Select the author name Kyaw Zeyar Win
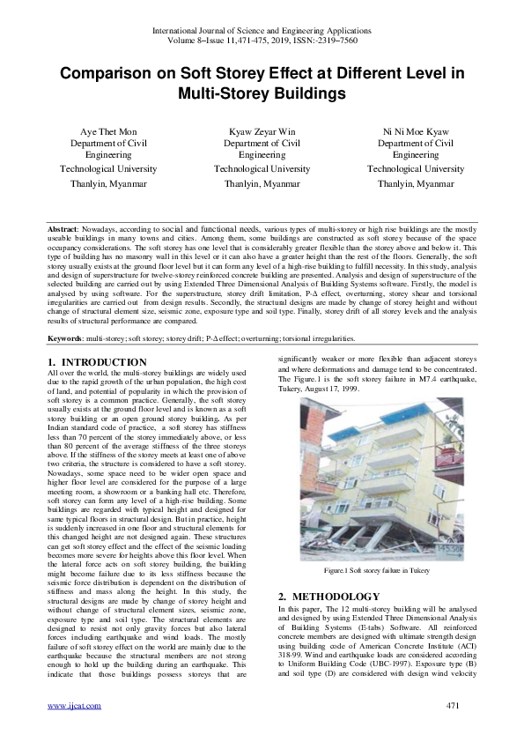click(x=262, y=130)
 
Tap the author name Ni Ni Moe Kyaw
click(x=416, y=130)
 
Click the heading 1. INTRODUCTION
click(x=97, y=362)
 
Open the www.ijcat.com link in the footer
click(x=73, y=705)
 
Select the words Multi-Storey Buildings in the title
click(x=262, y=93)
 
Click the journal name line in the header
click(x=262, y=31)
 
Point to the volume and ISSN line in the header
click(x=262, y=41)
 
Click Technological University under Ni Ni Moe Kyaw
click(x=416, y=168)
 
